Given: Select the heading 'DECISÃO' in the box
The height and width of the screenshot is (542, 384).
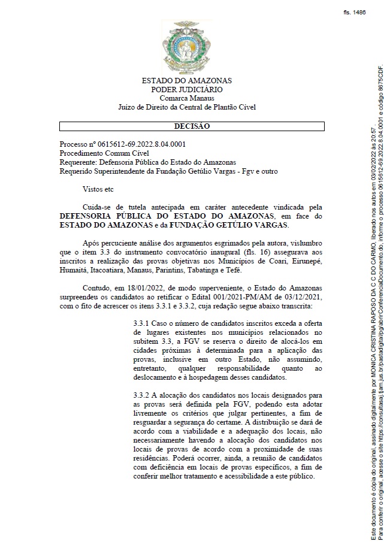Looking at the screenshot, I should [x=192, y=126].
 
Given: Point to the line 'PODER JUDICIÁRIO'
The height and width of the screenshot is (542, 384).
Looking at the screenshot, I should [x=186, y=89].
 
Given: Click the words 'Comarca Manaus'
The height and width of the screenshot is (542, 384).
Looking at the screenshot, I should [x=186, y=98].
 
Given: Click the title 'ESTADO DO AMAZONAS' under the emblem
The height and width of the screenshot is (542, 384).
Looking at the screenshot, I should [x=186, y=80].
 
